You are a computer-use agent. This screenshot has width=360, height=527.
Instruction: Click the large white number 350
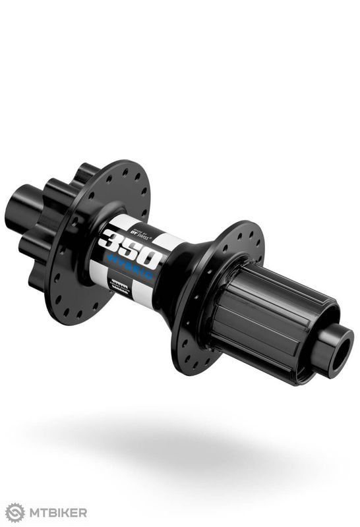[130, 246]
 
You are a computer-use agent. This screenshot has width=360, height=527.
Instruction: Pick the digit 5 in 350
[129, 246]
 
